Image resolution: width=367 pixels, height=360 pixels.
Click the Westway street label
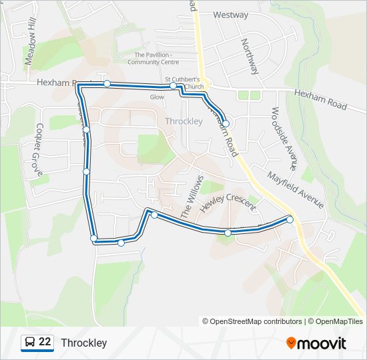click(231, 15)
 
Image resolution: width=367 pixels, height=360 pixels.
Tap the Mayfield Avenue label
click(296, 190)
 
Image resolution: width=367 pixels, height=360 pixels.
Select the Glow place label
click(157, 97)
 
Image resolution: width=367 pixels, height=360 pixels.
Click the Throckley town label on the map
click(183, 121)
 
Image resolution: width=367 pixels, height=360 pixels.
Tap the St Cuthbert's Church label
click(184, 83)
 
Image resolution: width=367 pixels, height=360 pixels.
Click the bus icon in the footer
click(29, 343)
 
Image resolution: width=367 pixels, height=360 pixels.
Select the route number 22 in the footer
click(45, 342)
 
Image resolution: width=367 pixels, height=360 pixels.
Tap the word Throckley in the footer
click(84, 343)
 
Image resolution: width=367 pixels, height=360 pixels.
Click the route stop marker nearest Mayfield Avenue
click(290, 219)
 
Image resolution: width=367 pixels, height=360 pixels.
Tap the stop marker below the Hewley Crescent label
click(228, 233)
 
